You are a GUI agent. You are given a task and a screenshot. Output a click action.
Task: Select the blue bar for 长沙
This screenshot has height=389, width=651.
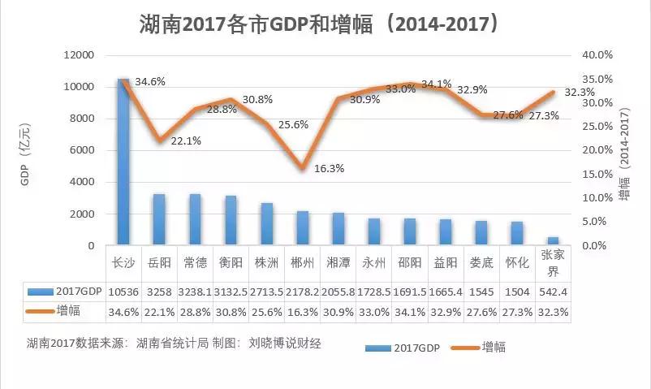[123, 162]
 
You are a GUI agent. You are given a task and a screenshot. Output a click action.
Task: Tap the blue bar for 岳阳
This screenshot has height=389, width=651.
[159, 219]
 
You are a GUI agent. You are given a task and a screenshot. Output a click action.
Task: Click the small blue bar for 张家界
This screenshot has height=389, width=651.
[553, 240]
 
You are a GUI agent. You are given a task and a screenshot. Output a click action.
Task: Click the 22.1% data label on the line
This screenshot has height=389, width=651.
[186, 140]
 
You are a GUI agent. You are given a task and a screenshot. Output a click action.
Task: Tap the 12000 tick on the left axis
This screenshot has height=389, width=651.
[79, 55]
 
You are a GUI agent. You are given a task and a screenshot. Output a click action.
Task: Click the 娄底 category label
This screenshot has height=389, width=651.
[482, 262]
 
